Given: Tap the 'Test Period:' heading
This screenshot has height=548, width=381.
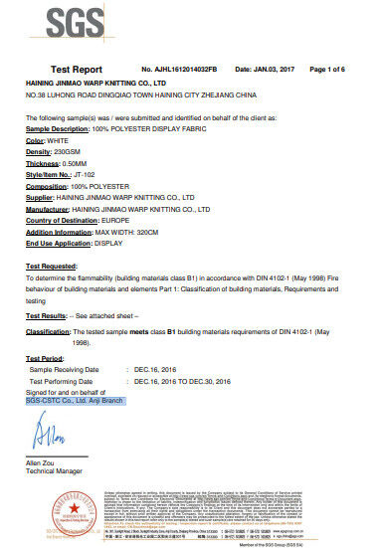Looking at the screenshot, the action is pyautogui.click(x=45, y=357).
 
